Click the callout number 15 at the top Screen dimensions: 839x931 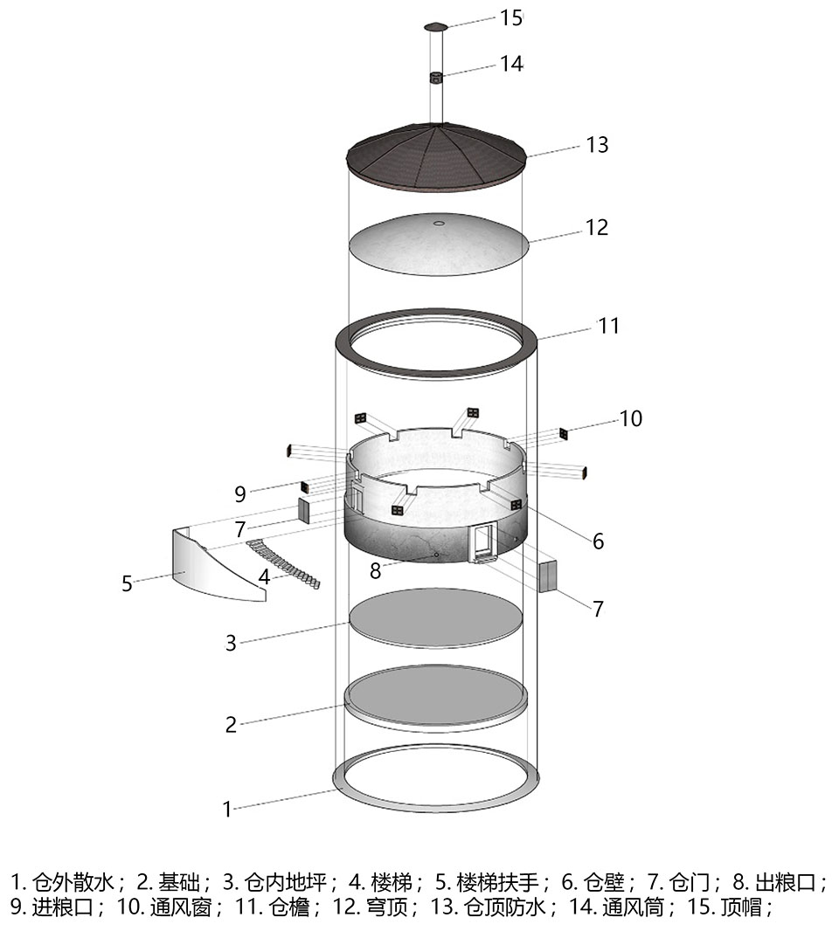coord(510,17)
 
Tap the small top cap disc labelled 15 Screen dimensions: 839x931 coord(437,27)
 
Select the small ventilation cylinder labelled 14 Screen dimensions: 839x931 coord(437,78)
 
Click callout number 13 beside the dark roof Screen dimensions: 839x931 coord(597,145)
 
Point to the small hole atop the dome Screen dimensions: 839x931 coord(439,224)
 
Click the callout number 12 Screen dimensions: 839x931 coord(597,227)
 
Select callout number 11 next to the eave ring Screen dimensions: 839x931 coord(608,326)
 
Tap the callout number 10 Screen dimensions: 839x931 coord(630,418)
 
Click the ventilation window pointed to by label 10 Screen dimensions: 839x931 coord(564,433)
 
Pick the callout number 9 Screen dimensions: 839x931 coord(240,493)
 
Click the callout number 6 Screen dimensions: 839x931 coord(598,541)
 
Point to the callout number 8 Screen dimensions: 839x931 coord(375,570)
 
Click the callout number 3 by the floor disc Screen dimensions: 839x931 coord(231,643)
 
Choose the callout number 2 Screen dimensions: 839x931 coord(231,724)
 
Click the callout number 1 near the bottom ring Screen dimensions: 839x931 coord(226,810)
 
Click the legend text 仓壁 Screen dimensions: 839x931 coord(604,883)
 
